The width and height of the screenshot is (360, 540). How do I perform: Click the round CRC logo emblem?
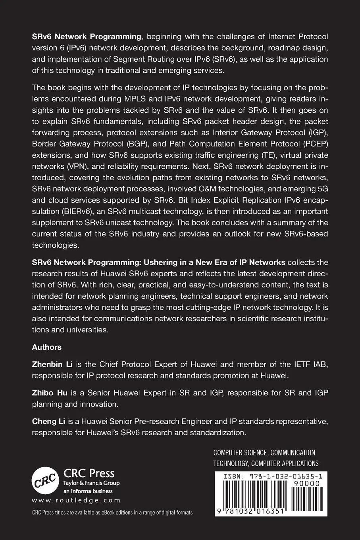[x=45, y=480]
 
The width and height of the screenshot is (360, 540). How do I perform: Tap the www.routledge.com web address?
[x=76, y=500]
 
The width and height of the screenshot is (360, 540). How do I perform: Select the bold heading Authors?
[x=47, y=347]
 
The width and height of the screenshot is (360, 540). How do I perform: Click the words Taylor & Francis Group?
[x=92, y=483]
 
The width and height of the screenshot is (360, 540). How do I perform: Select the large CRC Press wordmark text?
[x=89, y=473]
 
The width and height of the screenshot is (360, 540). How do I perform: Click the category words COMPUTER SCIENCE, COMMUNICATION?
[x=264, y=452]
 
